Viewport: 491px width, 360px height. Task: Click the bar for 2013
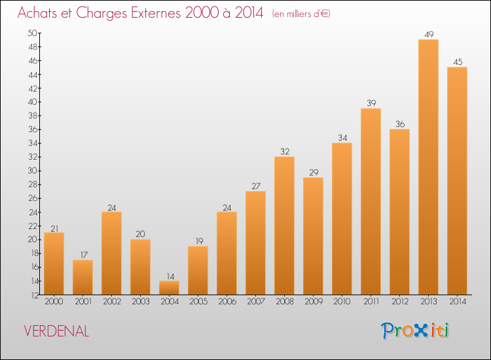click(x=428, y=167)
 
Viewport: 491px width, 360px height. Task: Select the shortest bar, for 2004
click(x=169, y=288)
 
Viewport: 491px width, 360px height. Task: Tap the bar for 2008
click(x=284, y=225)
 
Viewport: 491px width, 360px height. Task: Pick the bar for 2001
click(x=82, y=278)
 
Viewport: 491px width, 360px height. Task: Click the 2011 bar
click(x=371, y=202)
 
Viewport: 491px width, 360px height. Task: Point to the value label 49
click(x=429, y=35)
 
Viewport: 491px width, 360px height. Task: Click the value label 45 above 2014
click(x=458, y=62)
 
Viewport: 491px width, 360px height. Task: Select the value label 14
click(x=170, y=276)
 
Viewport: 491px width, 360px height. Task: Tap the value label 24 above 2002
click(x=112, y=207)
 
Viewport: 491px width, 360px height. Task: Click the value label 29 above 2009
click(x=314, y=173)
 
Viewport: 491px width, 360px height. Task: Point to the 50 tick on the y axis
click(x=32, y=33)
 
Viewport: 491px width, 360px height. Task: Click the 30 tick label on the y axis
click(x=32, y=171)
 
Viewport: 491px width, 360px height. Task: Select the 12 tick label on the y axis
click(x=35, y=295)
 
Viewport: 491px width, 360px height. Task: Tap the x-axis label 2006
click(x=227, y=302)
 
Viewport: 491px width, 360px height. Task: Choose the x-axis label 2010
click(x=342, y=302)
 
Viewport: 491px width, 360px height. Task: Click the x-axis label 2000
click(x=54, y=302)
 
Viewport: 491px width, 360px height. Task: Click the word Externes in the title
click(x=156, y=13)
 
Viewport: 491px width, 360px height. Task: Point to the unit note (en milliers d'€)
click(x=301, y=14)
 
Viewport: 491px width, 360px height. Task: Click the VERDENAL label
click(x=56, y=331)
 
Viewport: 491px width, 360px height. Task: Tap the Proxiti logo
click(x=415, y=331)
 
